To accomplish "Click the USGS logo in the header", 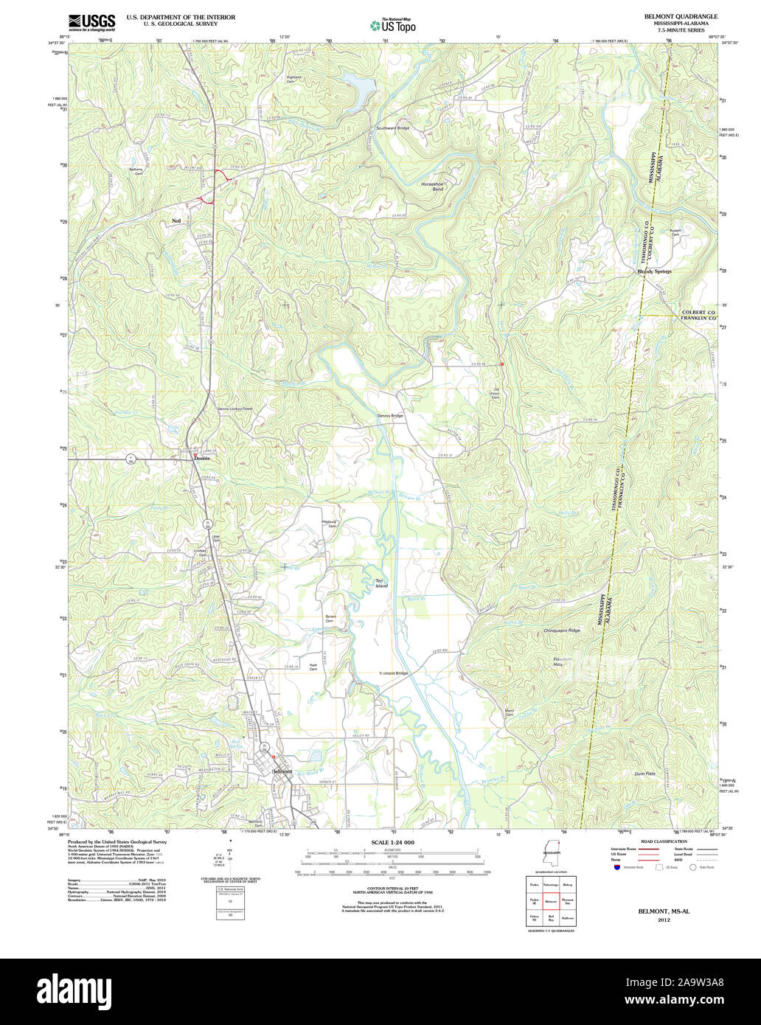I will click(91, 22).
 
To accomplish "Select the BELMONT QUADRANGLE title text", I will click(680, 16).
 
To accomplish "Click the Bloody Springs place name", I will click(654, 271).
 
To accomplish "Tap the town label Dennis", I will click(202, 458).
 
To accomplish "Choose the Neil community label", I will click(176, 220).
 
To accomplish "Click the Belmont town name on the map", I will click(282, 771).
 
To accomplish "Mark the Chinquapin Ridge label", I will click(562, 630).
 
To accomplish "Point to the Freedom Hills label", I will click(563, 661).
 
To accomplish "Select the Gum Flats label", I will click(644, 774).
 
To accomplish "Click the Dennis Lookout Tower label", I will click(234, 409).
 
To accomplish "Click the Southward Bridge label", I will click(392, 128).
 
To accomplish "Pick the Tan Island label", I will click(380, 583).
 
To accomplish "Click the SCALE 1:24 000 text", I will click(392, 842).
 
